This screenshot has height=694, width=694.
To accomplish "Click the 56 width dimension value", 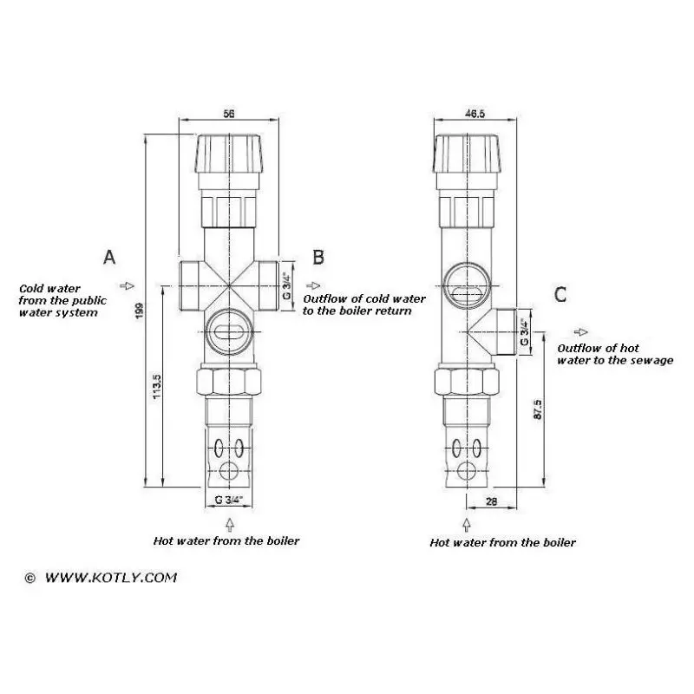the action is coord(228,114).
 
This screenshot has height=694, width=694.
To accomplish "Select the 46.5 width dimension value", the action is coord(475,114).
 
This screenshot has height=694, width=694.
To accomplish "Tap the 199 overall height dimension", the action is coord(140,311).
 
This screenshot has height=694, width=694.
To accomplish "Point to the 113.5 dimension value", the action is coord(157,387).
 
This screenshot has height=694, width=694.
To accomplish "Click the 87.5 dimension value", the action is coord(537,409).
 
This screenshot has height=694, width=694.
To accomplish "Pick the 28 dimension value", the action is coord(491,501).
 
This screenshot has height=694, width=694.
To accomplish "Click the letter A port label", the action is coord(109,257).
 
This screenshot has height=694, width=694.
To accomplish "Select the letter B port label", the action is coord(318,257).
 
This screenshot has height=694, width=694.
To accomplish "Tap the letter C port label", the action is coord(560,294).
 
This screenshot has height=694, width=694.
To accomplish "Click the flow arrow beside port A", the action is coord(127,285).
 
